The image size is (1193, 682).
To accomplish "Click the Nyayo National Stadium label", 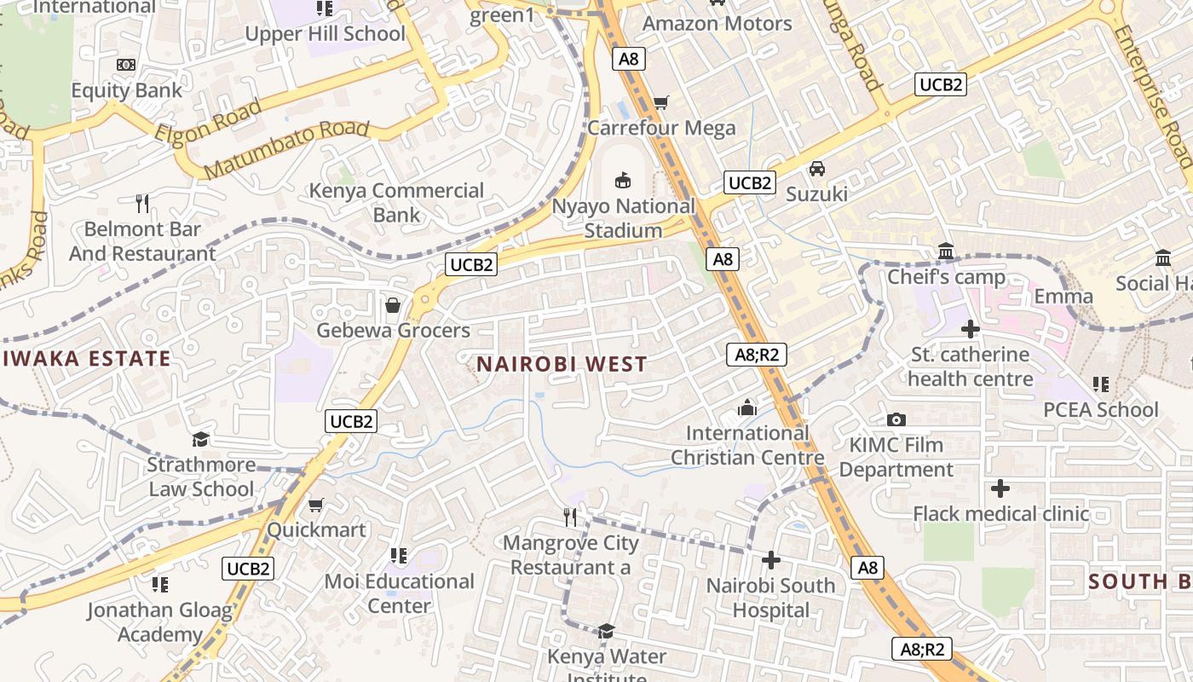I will pyautogui.click(x=624, y=218).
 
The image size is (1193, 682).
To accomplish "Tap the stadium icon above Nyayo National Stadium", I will pyautogui.click(x=624, y=180).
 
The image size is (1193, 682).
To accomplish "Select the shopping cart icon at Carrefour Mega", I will pyautogui.click(x=660, y=103).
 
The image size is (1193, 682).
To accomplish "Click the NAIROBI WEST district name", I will pyautogui.click(x=562, y=365).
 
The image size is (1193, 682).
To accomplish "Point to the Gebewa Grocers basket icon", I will pyautogui.click(x=393, y=305).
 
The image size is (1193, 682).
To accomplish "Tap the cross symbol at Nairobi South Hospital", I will pyautogui.click(x=771, y=560).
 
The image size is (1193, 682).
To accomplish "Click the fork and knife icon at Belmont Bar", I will pyautogui.click(x=142, y=204).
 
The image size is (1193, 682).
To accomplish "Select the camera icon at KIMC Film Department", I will pyautogui.click(x=896, y=419).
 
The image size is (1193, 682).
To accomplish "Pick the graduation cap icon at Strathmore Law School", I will pyautogui.click(x=201, y=439).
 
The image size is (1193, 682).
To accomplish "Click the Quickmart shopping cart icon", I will pyautogui.click(x=316, y=505).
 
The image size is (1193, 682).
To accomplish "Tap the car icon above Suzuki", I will pyautogui.click(x=817, y=169).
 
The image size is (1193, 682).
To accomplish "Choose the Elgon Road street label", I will pyautogui.click(x=208, y=122).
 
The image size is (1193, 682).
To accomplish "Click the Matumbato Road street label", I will pyautogui.click(x=286, y=149).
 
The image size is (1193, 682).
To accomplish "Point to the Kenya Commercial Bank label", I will pyautogui.click(x=396, y=202).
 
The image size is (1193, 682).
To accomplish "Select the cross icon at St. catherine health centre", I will pyautogui.click(x=970, y=329).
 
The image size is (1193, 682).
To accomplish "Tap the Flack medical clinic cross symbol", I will pyautogui.click(x=1000, y=488).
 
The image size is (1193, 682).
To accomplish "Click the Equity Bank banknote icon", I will pyautogui.click(x=126, y=65).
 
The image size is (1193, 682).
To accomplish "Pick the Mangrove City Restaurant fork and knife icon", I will pyautogui.click(x=570, y=517).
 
